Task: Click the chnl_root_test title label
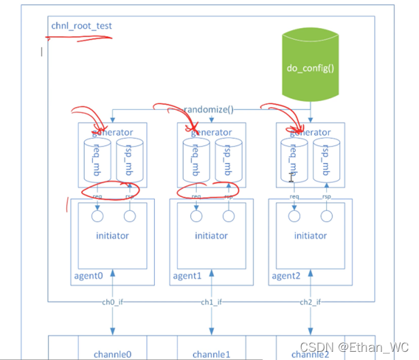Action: pyautogui.click(x=81, y=27)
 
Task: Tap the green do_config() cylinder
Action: pyautogui.click(x=312, y=68)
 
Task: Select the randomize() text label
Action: pyautogui.click(x=208, y=109)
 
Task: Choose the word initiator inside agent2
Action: pyautogui.click(x=311, y=236)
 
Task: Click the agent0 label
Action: pyautogui.click(x=89, y=276)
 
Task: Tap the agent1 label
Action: pyautogui.click(x=187, y=276)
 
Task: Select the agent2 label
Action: pyautogui.click(x=286, y=276)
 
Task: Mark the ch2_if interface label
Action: pyautogui.click(x=311, y=302)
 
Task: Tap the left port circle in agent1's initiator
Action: pyautogui.click(x=196, y=217)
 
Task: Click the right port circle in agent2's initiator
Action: pyautogui.click(x=326, y=217)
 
